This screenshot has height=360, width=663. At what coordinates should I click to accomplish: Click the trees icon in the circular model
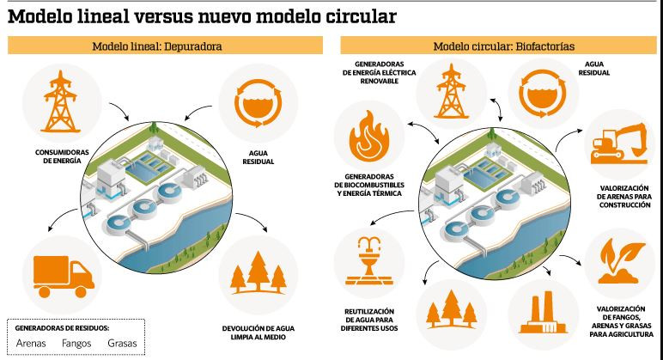[x=452, y=310]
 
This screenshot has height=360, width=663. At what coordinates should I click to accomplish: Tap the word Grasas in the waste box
[x=122, y=344]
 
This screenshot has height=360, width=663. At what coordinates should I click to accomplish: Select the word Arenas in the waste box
[x=31, y=344]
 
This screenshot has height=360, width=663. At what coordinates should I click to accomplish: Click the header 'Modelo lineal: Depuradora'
[x=156, y=46]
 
